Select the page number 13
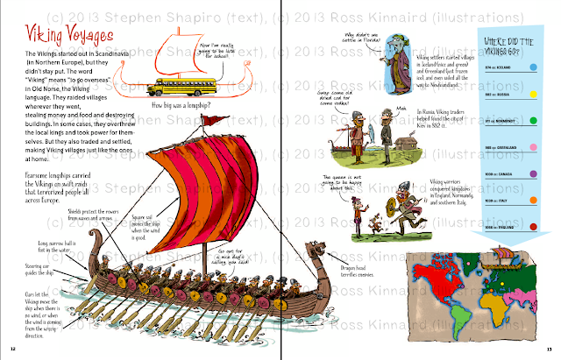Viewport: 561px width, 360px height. [549, 352]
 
